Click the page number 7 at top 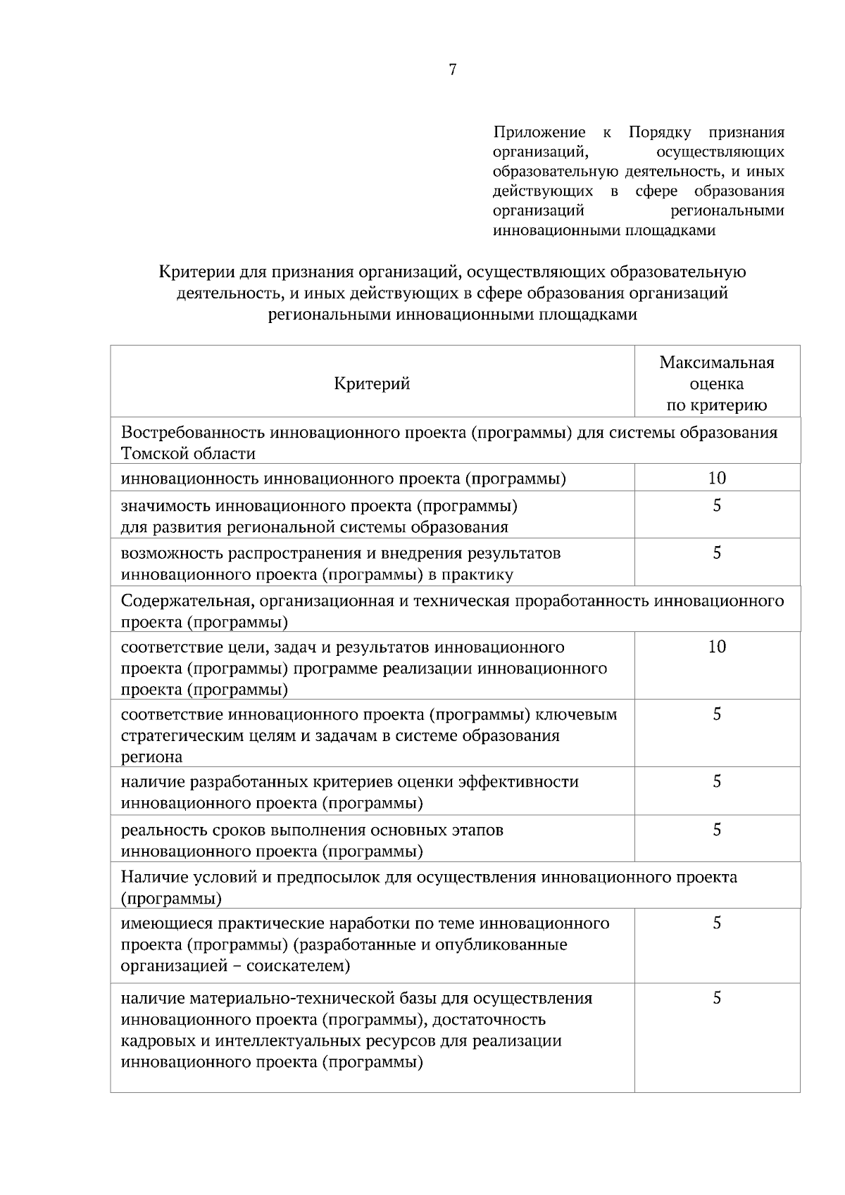coord(452,70)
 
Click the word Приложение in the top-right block coord(539,132)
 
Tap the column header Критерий coord(372,384)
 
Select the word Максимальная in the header coord(716,362)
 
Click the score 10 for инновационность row coord(716,479)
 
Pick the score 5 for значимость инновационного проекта coord(716,506)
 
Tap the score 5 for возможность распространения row coord(716,553)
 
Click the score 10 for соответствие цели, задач coord(716,647)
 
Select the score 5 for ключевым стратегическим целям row coord(716,714)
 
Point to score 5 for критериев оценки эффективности coord(716,781)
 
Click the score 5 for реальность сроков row coord(716,830)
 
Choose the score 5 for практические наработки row coord(716,923)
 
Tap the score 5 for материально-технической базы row coord(716,998)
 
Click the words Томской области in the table coord(188,454)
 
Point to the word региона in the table coord(151,757)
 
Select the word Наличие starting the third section coord(149,877)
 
